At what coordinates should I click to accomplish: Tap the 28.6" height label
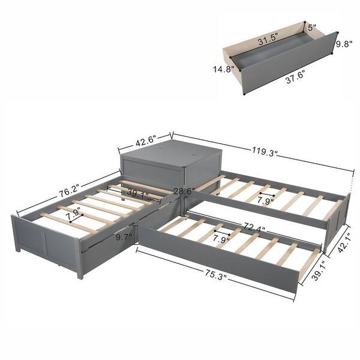tap(184, 191)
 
